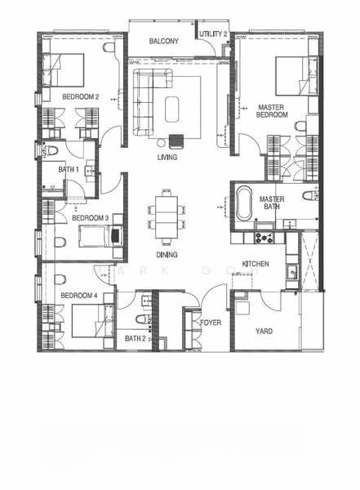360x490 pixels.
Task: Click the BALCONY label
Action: pyautogui.click(x=164, y=41)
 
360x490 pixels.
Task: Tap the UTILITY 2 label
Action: pyautogui.click(x=213, y=34)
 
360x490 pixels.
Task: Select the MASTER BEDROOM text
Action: pyautogui.click(x=272, y=111)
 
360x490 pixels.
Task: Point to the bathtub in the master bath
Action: pyautogui.click(x=244, y=203)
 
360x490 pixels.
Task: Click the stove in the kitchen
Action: pyautogui.click(x=264, y=238)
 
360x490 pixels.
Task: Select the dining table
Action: pyautogui.click(x=167, y=216)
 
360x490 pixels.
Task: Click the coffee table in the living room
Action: pyautogui.click(x=172, y=109)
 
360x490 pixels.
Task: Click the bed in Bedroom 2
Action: pyautogui.click(x=66, y=70)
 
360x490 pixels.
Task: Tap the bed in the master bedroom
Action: pyautogui.click(x=296, y=76)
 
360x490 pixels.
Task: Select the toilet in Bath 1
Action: pyautogui.click(x=50, y=150)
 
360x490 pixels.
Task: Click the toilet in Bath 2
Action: pyautogui.click(x=144, y=319)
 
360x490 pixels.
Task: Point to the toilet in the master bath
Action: pyautogui.click(x=310, y=196)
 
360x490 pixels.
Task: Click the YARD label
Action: pyautogui.click(x=264, y=332)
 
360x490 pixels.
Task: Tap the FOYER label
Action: pyautogui.click(x=211, y=323)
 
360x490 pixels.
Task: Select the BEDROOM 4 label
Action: pyautogui.click(x=79, y=296)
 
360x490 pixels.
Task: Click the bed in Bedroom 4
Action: pyautogui.click(x=93, y=321)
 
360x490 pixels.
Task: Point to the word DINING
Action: pyautogui.click(x=167, y=255)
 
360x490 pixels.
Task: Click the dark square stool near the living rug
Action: pyautogui.click(x=176, y=141)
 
